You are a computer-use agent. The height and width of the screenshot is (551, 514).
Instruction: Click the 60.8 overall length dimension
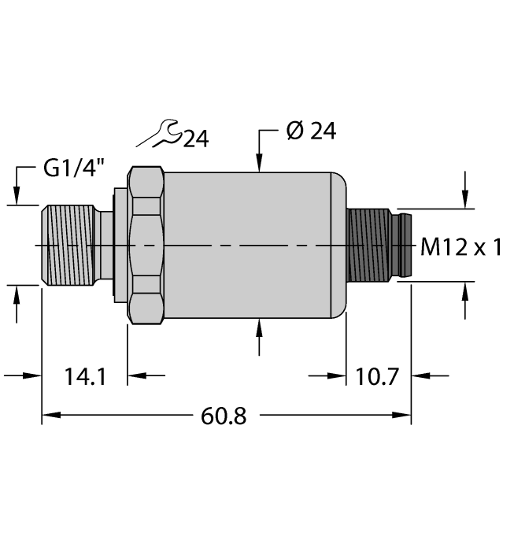coord(224,416)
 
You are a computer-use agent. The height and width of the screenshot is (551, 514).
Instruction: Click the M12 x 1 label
coord(461,248)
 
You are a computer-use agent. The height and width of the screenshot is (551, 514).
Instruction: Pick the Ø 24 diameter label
coord(310,131)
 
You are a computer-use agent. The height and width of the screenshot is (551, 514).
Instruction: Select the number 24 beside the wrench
coord(195,139)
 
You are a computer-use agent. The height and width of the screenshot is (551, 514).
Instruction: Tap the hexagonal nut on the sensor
coord(146,246)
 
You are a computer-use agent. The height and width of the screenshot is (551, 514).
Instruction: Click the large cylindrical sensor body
coord(252,246)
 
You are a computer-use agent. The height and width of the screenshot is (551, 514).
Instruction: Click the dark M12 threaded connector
coord(374,246)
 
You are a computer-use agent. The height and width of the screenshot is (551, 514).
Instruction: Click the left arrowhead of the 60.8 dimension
coord(48,415)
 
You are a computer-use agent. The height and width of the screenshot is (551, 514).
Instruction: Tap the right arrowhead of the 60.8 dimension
coord(405,415)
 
